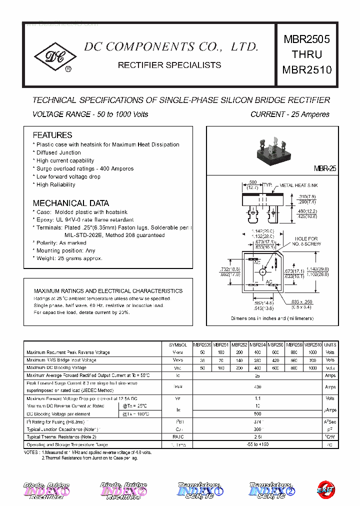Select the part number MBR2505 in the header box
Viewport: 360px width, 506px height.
point(307,39)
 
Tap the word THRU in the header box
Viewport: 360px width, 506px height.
point(307,54)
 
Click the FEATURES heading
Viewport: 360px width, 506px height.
point(52,135)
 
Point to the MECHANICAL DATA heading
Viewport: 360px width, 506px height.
point(70,203)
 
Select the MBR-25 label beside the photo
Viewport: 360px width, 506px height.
point(325,169)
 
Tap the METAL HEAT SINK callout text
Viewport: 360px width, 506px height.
point(298,185)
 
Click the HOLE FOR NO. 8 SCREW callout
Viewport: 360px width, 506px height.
point(306,241)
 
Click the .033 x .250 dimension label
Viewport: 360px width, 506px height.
point(301,301)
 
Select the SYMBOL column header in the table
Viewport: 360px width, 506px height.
point(177,345)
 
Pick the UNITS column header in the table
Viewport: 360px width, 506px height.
point(330,345)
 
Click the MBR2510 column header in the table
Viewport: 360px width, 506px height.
point(313,345)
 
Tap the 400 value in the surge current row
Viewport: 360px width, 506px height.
point(258,387)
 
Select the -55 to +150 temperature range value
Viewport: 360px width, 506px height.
point(258,444)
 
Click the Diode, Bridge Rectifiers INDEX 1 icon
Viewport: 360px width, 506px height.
point(46,490)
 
